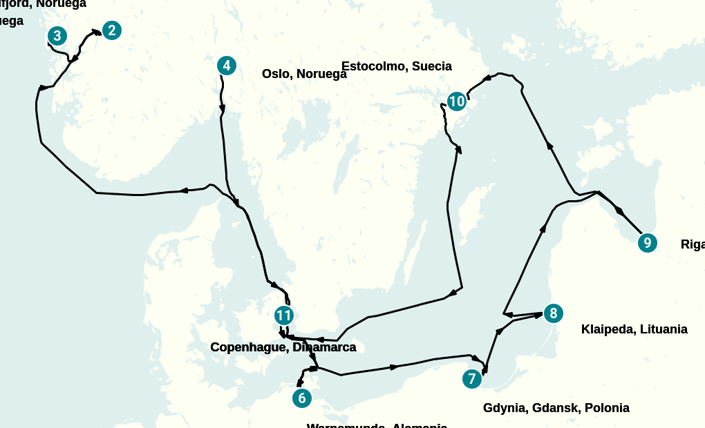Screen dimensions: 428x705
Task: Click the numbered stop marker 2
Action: point(111,30)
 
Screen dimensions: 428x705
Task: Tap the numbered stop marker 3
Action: point(57,36)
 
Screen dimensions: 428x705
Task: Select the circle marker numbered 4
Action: point(226,66)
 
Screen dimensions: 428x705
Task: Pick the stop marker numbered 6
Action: point(301,398)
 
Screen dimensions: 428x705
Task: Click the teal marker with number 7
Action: point(472,379)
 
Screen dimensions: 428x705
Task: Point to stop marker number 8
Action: point(552,313)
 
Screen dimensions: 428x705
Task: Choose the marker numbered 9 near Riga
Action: point(647,242)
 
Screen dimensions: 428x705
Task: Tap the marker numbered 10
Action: point(456,101)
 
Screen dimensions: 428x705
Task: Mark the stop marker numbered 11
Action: point(283,315)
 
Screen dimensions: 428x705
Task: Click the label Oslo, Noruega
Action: point(304,74)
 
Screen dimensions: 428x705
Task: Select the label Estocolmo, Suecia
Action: point(396,66)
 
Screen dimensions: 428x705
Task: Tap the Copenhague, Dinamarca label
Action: point(283,347)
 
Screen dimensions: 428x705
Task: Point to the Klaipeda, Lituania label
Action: point(634,329)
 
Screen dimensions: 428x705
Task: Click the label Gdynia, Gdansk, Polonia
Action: point(556,408)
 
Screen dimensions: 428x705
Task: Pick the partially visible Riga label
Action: point(693,244)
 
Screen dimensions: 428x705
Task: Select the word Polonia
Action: point(607,408)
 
